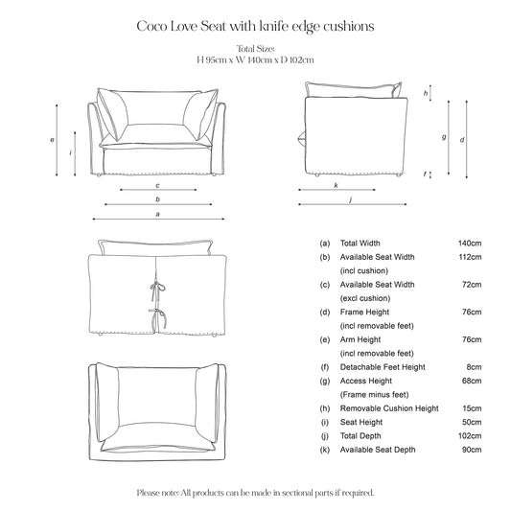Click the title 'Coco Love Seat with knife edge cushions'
[x=255, y=28]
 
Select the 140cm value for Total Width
[x=470, y=244]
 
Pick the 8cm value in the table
[x=473, y=367]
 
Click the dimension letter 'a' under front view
[x=156, y=215]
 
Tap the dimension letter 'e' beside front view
[x=51, y=140]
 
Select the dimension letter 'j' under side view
[x=351, y=199]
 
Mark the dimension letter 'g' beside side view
[x=444, y=137]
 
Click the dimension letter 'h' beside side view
[x=425, y=92]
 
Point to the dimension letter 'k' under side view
[x=336, y=185]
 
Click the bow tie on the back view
[x=153, y=288]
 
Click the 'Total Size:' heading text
[x=254, y=49]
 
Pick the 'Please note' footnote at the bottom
[x=255, y=492]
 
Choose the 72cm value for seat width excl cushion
[x=471, y=285]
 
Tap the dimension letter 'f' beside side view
[x=425, y=174]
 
